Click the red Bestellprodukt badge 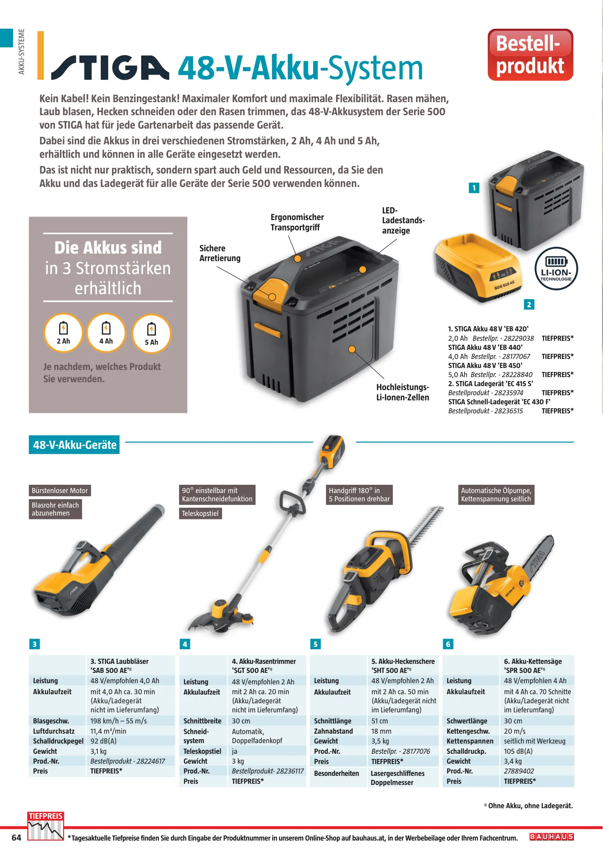pos(530,55)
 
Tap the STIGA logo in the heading pos(110,68)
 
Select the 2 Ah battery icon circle pos(63,333)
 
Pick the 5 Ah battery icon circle pos(151,334)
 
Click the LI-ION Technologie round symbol pos(556,269)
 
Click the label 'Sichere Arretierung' pos(220,253)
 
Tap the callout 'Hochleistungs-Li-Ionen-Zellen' pos(403,392)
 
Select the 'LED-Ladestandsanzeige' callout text pos(403,220)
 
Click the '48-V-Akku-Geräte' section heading pos(74,445)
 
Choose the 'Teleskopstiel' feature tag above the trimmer pos(200,514)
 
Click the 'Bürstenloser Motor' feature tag pos(60,491)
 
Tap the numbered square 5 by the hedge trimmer pos(316,644)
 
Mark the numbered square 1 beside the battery pos(474,188)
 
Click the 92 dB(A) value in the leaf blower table pos(103,741)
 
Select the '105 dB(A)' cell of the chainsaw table pos(518,751)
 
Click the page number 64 pos(17,838)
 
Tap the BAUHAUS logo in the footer pos(551,837)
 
